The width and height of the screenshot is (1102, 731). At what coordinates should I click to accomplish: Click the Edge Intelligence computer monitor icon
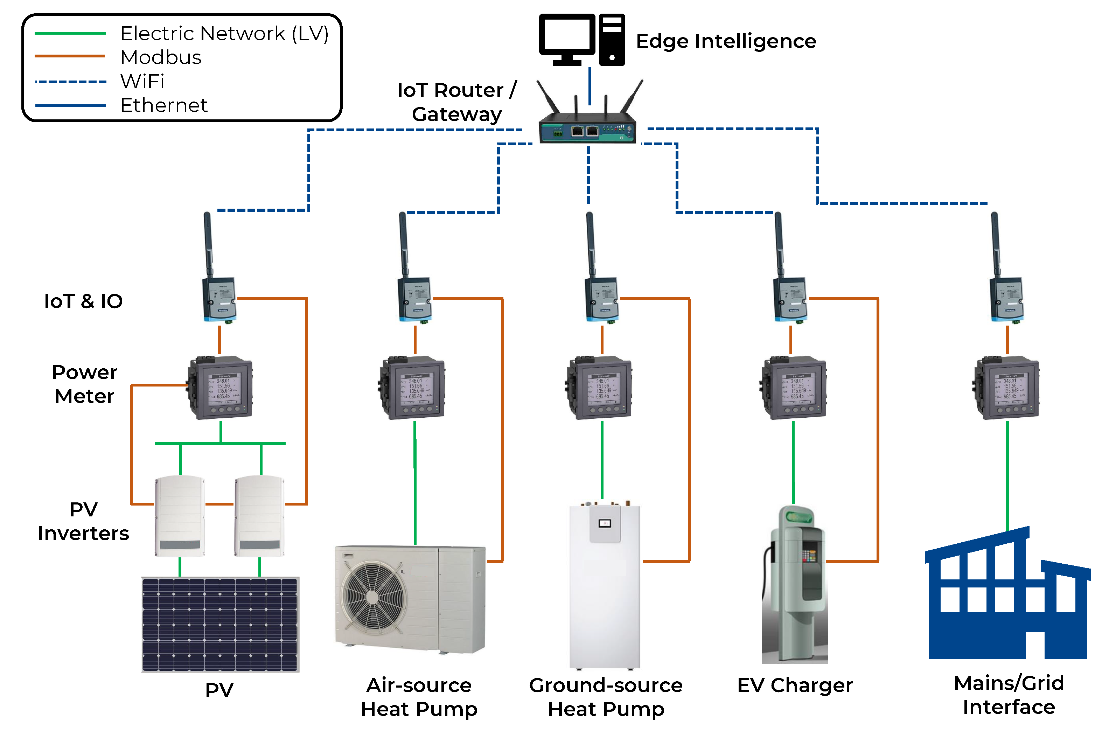(566, 37)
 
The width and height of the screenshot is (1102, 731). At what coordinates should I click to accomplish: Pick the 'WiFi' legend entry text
(142, 82)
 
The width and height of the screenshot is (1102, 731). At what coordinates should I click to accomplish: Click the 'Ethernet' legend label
(163, 105)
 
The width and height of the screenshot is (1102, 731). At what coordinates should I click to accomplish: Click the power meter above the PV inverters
(221, 388)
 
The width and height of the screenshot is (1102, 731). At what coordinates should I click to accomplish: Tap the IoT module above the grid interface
(1006, 298)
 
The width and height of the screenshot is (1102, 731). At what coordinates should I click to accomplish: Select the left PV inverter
(180, 516)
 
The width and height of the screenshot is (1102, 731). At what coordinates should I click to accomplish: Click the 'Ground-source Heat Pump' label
(606, 697)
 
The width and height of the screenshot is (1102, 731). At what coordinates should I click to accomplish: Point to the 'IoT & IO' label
(83, 301)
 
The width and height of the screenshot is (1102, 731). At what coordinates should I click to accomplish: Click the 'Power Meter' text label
(84, 384)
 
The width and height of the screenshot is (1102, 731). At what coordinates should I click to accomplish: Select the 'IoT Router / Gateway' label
(457, 102)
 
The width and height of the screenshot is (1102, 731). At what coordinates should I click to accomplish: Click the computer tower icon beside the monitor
(612, 40)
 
